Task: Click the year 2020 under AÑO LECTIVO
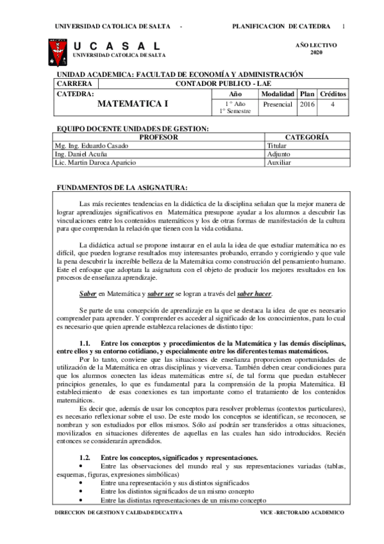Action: point(317,52)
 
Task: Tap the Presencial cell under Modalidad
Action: point(278,104)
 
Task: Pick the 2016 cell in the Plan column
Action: point(307,104)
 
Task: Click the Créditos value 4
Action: point(333,104)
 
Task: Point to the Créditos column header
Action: point(333,94)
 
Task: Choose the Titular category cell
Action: point(277,146)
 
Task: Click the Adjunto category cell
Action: point(278,154)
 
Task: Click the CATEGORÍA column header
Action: point(307,137)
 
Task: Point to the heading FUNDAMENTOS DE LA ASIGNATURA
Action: point(122,187)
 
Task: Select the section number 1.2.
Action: point(85,457)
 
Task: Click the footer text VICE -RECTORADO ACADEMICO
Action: point(302,513)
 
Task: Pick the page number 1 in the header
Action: point(344,26)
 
